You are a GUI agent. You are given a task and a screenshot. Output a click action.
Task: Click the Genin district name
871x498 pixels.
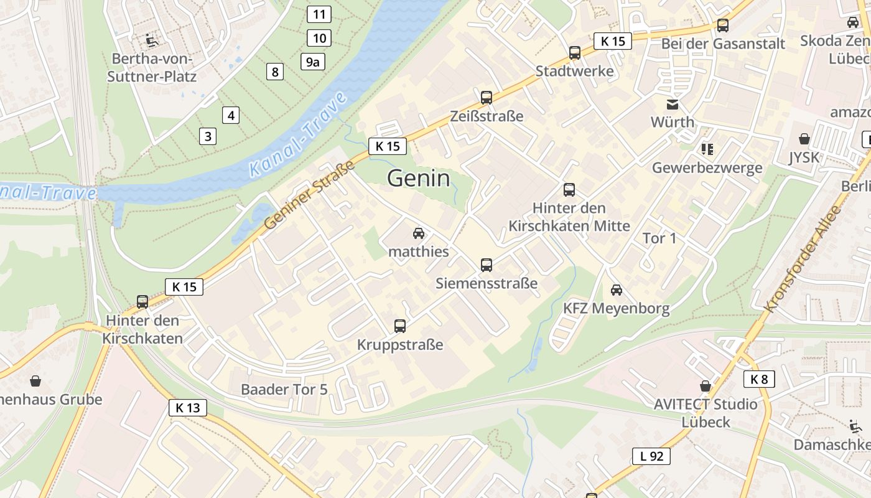[x=418, y=179]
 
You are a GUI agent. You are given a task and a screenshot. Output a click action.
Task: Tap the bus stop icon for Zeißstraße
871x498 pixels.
[x=487, y=97]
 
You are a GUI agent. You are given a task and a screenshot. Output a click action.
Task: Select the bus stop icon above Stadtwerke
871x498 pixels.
[x=575, y=53]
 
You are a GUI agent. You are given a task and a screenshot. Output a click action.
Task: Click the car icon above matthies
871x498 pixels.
[x=419, y=233]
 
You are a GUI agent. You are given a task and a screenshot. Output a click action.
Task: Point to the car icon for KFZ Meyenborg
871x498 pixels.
[x=617, y=289]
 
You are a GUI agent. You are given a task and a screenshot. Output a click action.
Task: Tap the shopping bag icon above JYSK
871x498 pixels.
[x=804, y=138]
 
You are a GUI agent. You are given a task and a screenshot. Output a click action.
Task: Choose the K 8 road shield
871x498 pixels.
[x=759, y=378]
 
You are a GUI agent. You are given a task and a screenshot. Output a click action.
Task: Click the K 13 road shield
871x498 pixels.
[x=187, y=408]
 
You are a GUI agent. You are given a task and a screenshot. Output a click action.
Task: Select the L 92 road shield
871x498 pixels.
[x=651, y=456]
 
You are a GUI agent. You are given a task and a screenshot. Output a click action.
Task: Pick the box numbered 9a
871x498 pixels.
[x=313, y=62]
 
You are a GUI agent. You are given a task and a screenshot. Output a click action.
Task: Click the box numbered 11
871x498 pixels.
[x=319, y=14]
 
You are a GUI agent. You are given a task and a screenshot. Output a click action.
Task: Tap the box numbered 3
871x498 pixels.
[x=208, y=136]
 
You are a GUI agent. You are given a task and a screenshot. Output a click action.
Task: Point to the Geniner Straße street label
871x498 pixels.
[x=309, y=194]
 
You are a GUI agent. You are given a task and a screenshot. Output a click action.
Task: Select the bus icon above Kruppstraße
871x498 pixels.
[x=400, y=326]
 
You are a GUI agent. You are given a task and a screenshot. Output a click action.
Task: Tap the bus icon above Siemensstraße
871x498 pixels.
[x=487, y=265]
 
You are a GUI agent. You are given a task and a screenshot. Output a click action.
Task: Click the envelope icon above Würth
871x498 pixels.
[x=673, y=104]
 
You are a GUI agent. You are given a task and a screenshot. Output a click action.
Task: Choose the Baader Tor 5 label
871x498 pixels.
[x=284, y=390]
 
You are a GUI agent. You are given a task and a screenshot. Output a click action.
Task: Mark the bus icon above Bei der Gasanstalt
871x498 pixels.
[x=723, y=26]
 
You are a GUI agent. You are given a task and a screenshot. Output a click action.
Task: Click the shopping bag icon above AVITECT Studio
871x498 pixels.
[x=706, y=386]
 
